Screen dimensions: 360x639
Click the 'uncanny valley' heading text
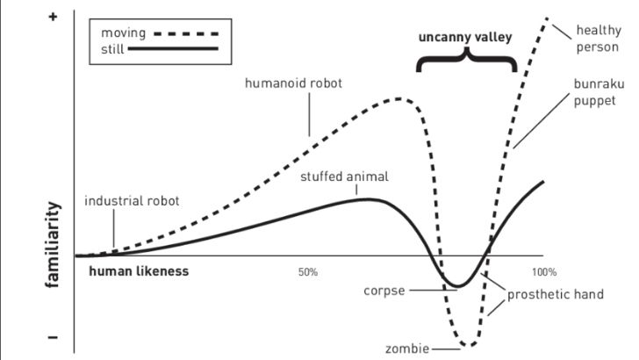tap(463, 38)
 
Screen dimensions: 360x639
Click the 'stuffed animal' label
tap(344, 176)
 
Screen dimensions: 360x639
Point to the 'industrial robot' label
tap(132, 200)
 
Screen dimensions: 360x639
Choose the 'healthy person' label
tap(598, 38)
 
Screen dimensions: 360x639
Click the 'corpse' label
tap(385, 291)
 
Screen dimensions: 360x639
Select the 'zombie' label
tap(407, 349)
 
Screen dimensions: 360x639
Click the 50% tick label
tap(307, 271)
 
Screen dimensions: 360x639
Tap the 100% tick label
tap(544, 271)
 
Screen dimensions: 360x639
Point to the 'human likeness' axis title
tap(139, 271)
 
